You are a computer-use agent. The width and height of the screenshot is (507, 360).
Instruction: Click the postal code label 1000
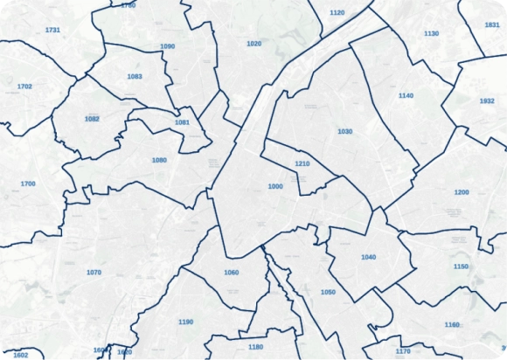pyautogui.click(x=275, y=186)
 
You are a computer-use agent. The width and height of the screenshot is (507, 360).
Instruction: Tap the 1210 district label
pyautogui.click(x=302, y=164)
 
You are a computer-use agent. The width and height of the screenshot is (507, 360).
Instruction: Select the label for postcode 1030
pyautogui.click(x=344, y=131)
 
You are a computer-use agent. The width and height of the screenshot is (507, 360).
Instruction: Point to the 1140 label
pyautogui.click(x=406, y=95)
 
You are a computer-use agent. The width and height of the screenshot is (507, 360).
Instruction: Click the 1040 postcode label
pyautogui.click(x=368, y=257)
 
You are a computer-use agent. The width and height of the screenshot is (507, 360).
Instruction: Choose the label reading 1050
pyautogui.click(x=328, y=292)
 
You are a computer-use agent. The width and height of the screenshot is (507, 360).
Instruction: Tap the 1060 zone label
pyautogui.click(x=231, y=273)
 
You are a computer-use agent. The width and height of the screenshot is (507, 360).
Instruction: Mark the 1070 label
pyautogui.click(x=94, y=273)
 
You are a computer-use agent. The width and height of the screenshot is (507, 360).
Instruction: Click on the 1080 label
pyautogui.click(x=159, y=160)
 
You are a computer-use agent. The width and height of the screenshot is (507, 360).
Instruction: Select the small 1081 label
pyautogui.click(x=182, y=122)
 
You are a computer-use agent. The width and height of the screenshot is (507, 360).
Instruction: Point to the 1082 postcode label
pyautogui.click(x=92, y=119)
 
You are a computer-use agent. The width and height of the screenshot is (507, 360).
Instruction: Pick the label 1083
pyautogui.click(x=135, y=76)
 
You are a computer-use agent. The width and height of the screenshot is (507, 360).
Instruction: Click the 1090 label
pyautogui.click(x=168, y=46)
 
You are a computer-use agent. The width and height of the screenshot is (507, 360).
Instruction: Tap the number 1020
pyautogui.click(x=254, y=43)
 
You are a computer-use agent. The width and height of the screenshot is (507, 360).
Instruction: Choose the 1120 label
pyautogui.click(x=337, y=13)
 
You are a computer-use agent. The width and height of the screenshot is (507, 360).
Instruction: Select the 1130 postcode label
pyautogui.click(x=431, y=33)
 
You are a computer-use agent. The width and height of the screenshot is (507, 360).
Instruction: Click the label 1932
pyautogui.click(x=487, y=101)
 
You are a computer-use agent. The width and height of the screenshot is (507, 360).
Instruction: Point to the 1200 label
pyautogui.click(x=462, y=191)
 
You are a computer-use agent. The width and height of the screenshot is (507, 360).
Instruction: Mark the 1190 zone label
pyautogui.click(x=185, y=322)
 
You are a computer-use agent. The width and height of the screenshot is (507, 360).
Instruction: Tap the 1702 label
pyautogui.click(x=24, y=87)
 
